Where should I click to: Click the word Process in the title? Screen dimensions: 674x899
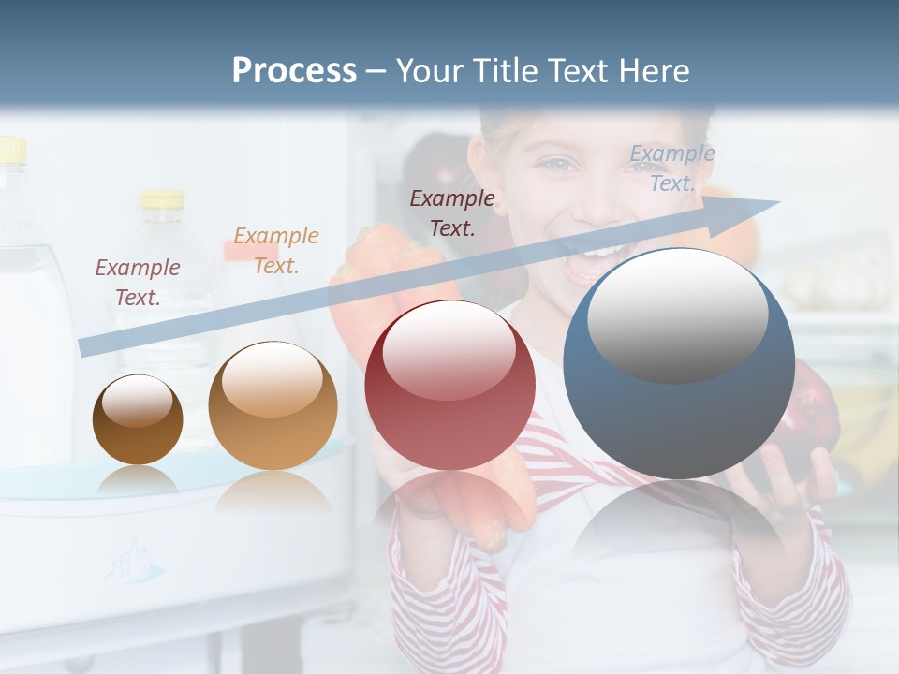point(294,70)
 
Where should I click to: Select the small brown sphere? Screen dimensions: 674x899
point(138,419)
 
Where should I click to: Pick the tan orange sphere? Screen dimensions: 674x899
point(273,405)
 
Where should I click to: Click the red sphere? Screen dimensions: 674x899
point(449,385)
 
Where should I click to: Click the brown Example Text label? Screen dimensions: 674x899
point(138,282)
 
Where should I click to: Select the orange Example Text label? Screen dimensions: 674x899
point(276,250)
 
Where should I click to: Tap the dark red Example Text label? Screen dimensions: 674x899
point(452,212)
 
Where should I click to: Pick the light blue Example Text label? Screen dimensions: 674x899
point(672,168)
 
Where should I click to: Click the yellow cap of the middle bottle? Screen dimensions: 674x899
point(162,198)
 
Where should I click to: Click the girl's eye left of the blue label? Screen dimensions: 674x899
point(560,166)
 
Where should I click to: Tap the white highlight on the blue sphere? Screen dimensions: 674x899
point(677,314)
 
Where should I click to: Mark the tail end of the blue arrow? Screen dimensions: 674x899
point(84,347)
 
